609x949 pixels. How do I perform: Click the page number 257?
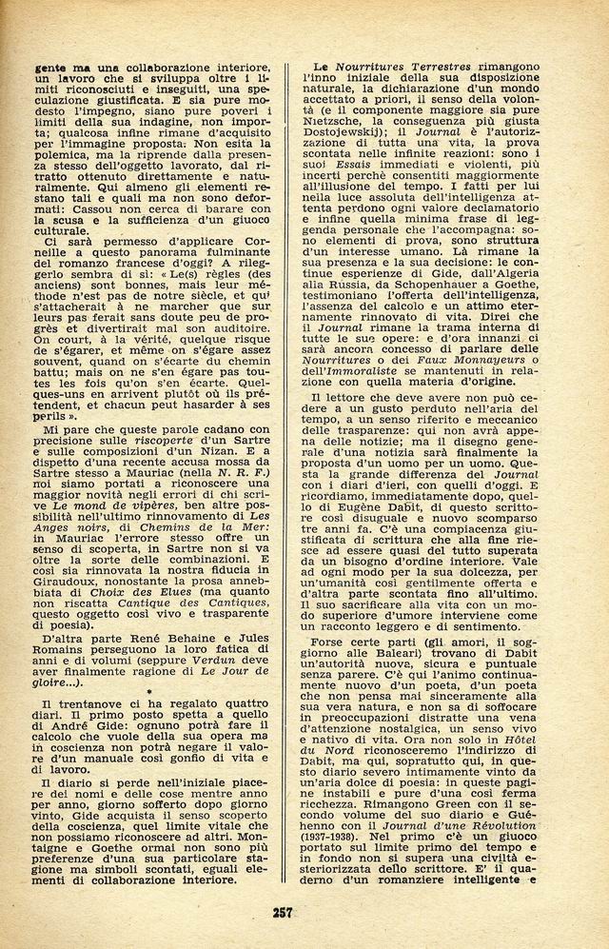click(282, 912)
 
